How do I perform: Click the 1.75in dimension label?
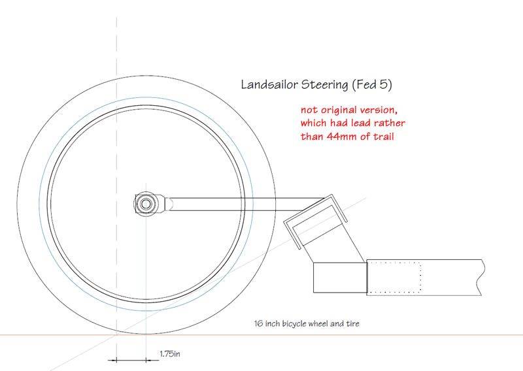click(x=169, y=354)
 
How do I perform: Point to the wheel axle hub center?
click(x=144, y=203)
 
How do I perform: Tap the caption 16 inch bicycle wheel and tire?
click(x=307, y=323)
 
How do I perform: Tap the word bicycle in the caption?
click(x=305, y=323)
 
